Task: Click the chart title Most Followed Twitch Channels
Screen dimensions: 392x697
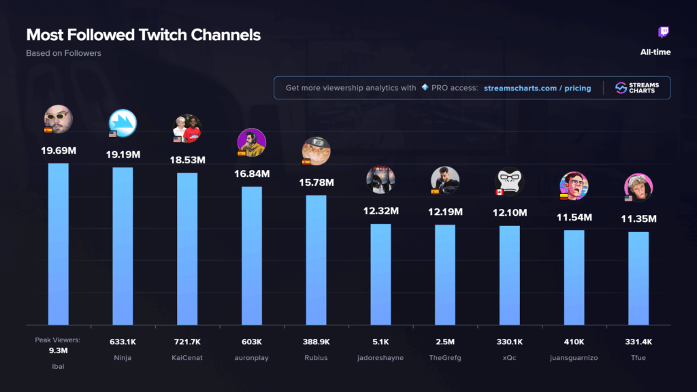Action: pos(143,35)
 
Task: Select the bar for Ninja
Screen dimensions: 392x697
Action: pos(123,245)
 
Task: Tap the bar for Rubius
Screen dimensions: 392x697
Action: pos(316,259)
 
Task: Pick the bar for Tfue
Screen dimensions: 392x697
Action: pos(638,278)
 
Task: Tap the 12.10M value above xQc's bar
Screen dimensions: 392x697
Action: pos(509,213)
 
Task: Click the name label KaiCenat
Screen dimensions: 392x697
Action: pos(187,357)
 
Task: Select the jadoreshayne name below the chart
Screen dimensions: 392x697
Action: pos(380,357)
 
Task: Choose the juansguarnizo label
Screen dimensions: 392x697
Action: pos(574,357)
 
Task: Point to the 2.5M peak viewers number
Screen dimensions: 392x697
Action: pos(445,342)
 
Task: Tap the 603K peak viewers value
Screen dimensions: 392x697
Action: pos(251,342)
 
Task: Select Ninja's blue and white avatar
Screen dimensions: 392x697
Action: pos(123,122)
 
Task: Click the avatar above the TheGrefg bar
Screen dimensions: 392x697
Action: pos(445,180)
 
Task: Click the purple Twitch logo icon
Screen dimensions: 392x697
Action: pos(664,33)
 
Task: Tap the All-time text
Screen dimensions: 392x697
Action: pos(655,52)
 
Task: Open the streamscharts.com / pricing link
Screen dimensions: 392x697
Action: pos(537,88)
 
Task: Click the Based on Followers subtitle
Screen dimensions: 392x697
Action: pos(63,53)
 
